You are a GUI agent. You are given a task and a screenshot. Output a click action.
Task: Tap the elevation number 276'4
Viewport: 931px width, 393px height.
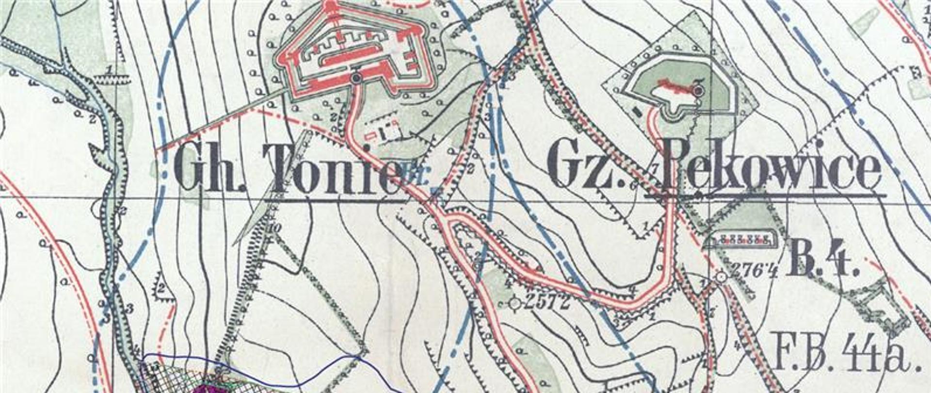click(x=753, y=270)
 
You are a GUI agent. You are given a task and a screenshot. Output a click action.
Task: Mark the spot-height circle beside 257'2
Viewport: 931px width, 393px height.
click(x=515, y=303)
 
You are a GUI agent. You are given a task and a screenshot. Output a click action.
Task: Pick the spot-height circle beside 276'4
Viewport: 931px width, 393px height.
click(x=721, y=277)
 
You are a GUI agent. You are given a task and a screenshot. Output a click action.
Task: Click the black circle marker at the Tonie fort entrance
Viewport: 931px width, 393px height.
click(x=357, y=78)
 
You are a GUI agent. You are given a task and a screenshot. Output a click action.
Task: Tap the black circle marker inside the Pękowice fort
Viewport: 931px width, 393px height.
click(x=698, y=90)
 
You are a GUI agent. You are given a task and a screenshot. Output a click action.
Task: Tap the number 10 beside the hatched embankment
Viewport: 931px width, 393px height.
click(x=274, y=228)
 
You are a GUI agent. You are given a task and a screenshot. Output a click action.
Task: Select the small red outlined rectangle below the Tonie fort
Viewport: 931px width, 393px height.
click(x=372, y=132)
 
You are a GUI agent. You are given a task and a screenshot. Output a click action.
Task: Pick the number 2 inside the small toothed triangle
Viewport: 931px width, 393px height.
click(x=161, y=288)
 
